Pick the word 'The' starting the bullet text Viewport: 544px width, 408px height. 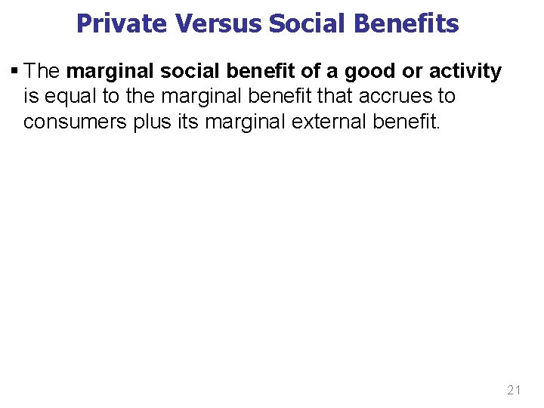[x=42, y=72]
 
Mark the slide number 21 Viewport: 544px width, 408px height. [x=515, y=390]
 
